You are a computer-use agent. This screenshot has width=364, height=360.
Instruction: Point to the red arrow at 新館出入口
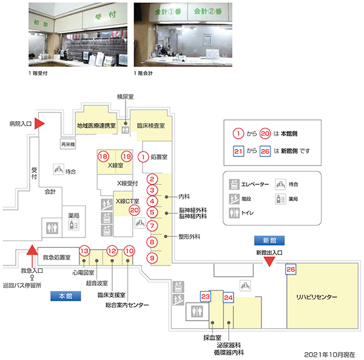271,262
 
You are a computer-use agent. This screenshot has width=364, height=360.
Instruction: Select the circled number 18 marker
104,156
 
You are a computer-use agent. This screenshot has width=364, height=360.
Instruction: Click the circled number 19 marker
126,156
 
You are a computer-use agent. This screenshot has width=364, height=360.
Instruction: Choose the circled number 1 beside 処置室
143,156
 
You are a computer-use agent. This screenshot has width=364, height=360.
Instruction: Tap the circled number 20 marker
135,210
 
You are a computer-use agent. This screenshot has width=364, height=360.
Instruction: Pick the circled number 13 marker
85,251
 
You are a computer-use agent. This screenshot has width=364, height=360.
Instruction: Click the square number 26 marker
291,269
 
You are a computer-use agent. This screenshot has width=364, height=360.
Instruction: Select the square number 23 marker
206,296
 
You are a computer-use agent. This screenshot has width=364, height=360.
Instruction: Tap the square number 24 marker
228,298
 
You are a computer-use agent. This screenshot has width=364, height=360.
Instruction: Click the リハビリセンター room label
316,297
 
